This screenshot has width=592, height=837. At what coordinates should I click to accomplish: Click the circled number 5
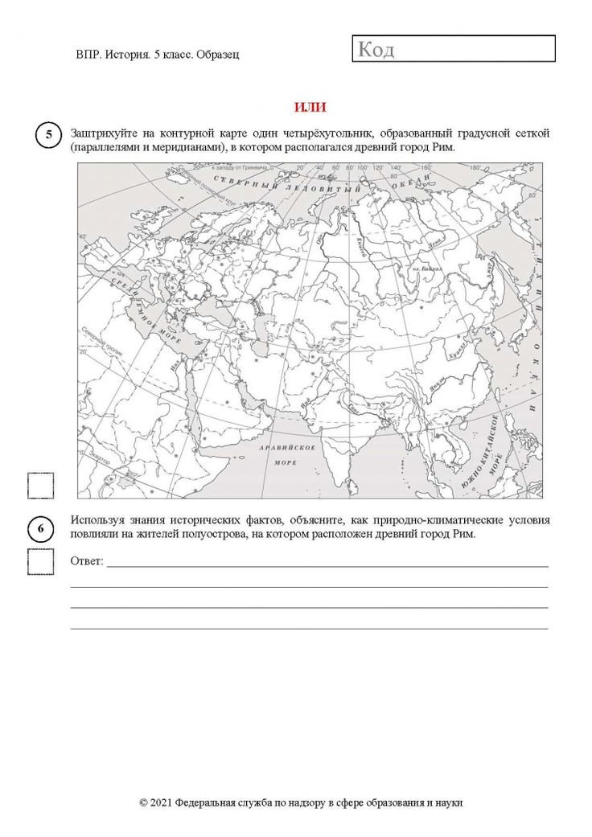(47, 134)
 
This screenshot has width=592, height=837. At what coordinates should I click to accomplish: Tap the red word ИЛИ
(310, 107)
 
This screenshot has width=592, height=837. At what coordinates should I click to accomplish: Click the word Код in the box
(376, 50)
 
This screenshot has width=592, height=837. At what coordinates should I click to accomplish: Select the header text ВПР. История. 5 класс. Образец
(158, 54)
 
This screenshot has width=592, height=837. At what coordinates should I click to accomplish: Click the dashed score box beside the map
(40, 486)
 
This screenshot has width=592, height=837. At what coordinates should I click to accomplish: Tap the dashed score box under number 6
(40, 561)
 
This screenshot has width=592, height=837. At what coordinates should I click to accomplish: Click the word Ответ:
(88, 560)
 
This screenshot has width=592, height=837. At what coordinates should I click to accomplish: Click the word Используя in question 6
(99, 520)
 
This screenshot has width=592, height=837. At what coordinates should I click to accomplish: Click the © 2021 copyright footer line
(301, 802)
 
